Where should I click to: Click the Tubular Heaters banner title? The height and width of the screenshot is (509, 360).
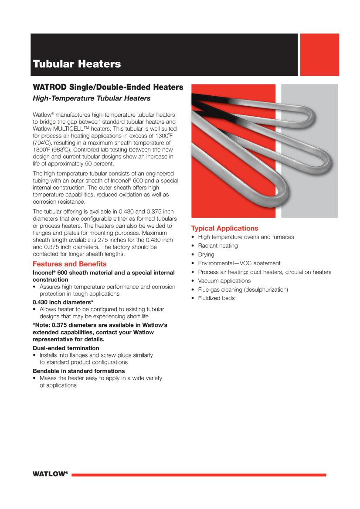point(77,64)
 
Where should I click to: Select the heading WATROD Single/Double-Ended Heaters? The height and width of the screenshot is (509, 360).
point(108,87)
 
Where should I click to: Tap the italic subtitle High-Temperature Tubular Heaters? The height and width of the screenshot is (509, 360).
point(92,98)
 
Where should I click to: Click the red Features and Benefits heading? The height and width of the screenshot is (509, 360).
point(69,264)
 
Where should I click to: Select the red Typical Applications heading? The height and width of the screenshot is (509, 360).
point(225,228)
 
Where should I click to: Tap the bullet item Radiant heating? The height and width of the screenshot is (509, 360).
point(217,246)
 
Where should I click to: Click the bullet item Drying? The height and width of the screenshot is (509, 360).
point(206,254)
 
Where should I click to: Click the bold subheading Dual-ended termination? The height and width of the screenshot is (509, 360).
point(66,348)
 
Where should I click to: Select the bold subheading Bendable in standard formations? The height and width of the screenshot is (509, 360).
point(79,371)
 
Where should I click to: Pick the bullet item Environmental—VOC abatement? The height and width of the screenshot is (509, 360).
point(239,263)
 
